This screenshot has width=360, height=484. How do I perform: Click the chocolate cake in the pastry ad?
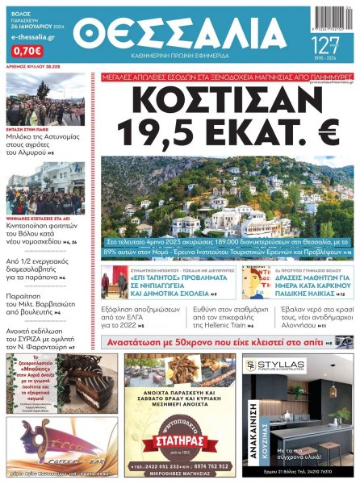point(90,386)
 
